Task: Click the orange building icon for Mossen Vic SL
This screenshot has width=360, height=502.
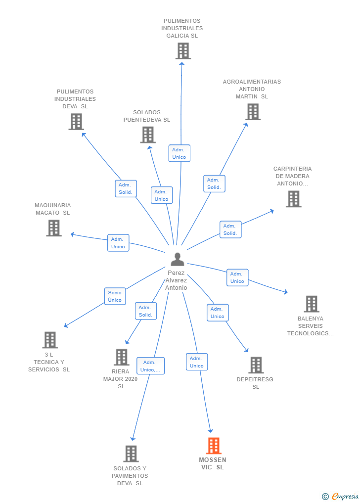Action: pos(214,446)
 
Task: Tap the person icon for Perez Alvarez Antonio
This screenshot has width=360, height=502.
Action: pos(177,259)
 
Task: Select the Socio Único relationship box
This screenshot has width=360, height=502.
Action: pos(115,296)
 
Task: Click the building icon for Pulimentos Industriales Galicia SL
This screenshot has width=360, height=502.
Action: pos(183,51)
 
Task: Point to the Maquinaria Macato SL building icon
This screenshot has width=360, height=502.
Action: pos(54,228)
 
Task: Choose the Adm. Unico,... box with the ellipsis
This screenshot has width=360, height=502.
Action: pos(150,366)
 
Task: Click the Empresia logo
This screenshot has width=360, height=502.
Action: pos(341,496)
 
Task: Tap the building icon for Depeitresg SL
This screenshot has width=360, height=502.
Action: pos(256,365)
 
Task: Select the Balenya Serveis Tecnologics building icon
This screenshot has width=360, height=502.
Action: pos(312,304)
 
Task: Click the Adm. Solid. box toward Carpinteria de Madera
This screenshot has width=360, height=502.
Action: pos(230,229)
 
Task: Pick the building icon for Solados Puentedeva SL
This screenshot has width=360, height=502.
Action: pos(148,135)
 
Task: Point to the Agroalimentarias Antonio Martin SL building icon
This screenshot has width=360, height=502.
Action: pos(253,112)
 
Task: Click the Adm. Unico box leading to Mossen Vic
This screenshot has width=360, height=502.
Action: pos(197,362)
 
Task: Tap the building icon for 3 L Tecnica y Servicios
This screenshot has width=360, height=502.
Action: pos(50,340)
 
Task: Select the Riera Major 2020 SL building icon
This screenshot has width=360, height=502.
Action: pos(122,357)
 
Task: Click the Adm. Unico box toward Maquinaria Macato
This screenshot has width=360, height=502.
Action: pos(118,243)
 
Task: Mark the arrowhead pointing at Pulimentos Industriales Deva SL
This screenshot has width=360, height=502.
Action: pos(84,135)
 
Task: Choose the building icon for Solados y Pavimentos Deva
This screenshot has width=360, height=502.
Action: pos(131,454)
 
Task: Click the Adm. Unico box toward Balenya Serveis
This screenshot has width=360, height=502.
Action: pos(237,277)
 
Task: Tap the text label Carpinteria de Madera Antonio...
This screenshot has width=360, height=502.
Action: pos(292,176)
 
